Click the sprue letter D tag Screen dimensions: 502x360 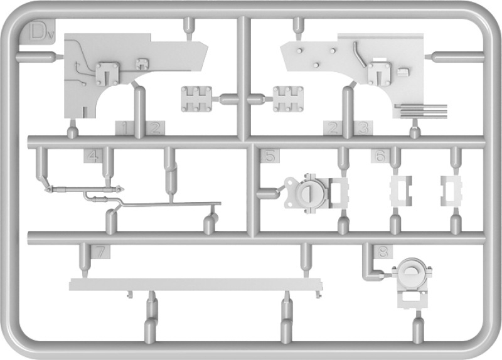tap(38, 31)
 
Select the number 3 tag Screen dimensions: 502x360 tap(363, 129)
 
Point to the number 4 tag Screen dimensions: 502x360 tap(93, 156)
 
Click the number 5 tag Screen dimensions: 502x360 tap(270, 156)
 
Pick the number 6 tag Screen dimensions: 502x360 tap(380, 156)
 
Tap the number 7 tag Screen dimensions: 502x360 tap(100, 252)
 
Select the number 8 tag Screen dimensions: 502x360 tap(383, 252)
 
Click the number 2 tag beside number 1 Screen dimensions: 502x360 tap(155, 129)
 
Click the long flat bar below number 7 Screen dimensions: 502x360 tap(195, 285)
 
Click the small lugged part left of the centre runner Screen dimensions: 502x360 tap(196, 99)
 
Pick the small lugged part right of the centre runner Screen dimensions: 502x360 tap(288, 99)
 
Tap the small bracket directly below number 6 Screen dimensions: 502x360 tap(400, 191)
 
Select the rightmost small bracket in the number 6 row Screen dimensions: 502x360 tap(451, 191)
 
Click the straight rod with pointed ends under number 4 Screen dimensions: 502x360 tap(85, 190)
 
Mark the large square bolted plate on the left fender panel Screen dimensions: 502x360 tap(107, 74)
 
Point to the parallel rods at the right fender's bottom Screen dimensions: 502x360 tap(421, 111)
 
